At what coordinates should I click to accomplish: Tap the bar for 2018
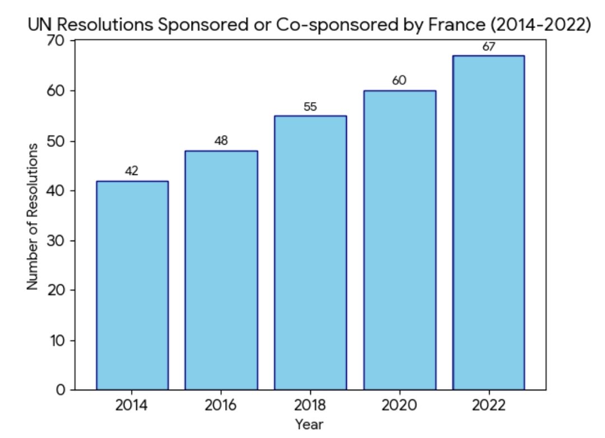click(310, 252)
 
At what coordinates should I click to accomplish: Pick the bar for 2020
click(399, 240)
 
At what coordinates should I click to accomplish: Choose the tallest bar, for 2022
click(488, 222)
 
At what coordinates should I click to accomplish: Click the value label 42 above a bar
click(132, 171)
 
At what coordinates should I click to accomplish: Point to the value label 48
click(221, 141)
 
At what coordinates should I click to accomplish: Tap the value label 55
click(310, 107)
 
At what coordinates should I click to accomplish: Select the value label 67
click(488, 47)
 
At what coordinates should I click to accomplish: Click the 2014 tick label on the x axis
click(132, 405)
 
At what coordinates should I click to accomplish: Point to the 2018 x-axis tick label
click(310, 405)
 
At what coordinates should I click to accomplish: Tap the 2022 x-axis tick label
click(488, 405)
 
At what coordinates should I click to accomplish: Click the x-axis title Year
click(310, 424)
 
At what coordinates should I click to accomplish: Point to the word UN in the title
click(40, 26)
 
